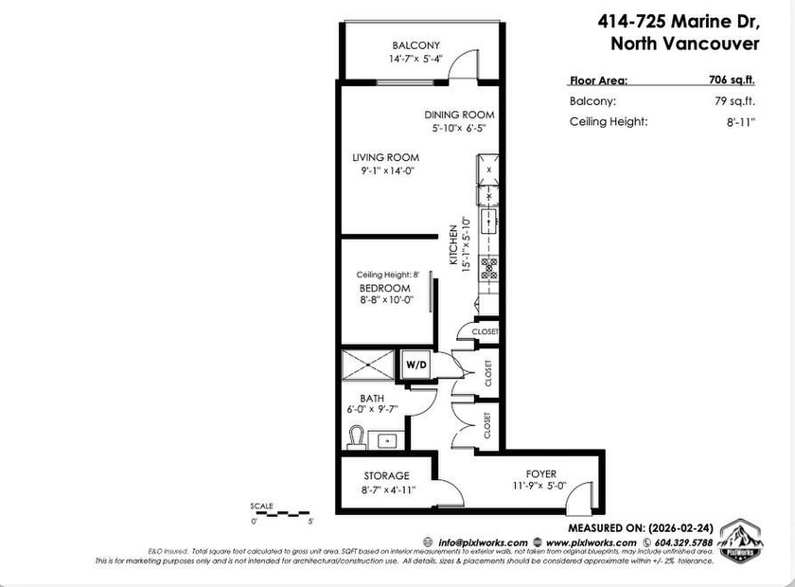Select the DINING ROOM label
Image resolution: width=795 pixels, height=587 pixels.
coord(459,115)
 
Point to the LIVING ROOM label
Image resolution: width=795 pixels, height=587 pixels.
coord(385,157)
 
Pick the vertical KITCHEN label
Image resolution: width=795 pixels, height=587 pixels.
coord(454,247)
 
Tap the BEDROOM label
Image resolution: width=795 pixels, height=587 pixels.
coord(384,288)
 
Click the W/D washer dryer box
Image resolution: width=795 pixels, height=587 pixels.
coord(416,364)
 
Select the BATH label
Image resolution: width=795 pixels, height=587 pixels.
coord(370,399)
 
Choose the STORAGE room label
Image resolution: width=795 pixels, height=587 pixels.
coord(386,475)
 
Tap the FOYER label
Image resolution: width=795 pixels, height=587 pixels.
coord(541,473)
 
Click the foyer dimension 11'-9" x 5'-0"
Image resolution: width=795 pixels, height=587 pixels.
coord(541,487)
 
